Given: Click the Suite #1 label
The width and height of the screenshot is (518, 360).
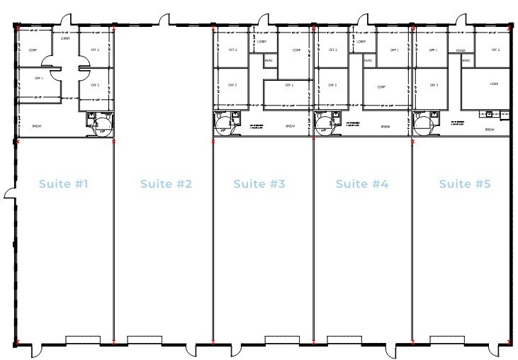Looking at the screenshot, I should point(63,184).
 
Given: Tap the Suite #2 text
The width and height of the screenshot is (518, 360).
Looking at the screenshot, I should point(166,184).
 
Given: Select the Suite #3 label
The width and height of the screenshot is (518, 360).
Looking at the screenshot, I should point(259,184).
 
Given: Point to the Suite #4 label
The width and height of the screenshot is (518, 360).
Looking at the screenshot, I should point(361,184).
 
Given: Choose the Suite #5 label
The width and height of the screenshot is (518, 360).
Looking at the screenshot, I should point(464,184).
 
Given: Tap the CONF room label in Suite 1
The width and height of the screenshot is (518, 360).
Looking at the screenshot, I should point(33,50).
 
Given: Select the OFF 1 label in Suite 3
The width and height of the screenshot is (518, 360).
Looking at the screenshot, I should point(288,85).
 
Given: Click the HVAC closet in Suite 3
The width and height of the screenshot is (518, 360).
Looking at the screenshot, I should point(269,61).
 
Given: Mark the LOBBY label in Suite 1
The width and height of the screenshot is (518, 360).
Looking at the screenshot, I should point(66,38).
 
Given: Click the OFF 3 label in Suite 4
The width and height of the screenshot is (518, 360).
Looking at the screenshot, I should point(332,85).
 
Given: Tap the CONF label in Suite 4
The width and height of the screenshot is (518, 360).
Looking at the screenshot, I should point(381,86).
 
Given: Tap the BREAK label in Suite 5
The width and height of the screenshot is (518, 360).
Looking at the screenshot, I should point(489,130).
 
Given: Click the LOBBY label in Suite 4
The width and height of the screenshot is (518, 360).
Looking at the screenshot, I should point(361,42).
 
